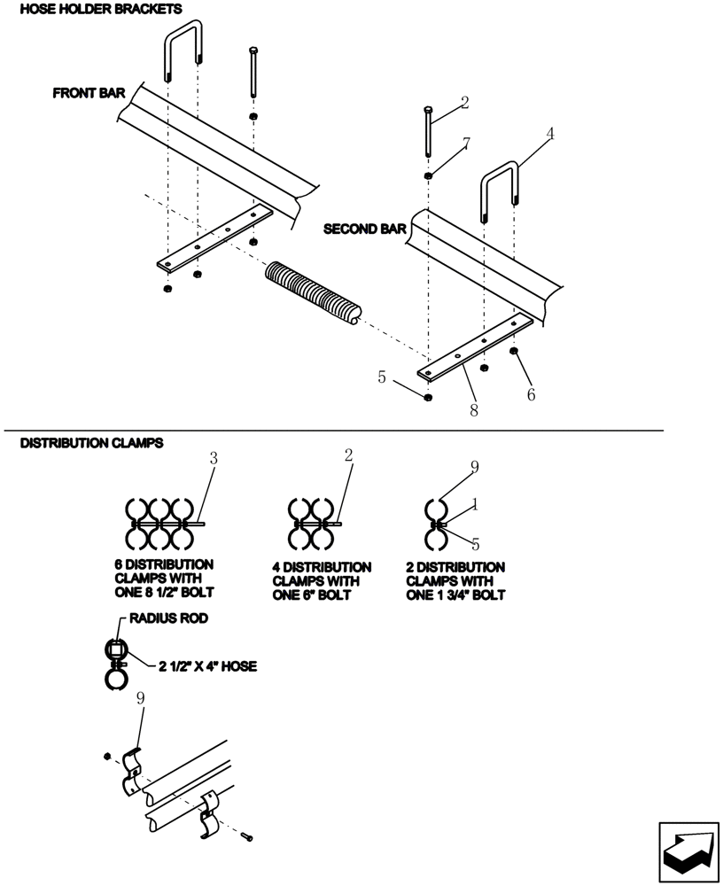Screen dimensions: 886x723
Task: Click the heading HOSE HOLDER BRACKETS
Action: coord(100,10)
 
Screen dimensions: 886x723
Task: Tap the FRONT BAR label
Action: coord(89,92)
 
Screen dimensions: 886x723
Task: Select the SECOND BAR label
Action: coord(364,229)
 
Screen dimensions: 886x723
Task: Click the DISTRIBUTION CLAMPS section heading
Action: coord(91,442)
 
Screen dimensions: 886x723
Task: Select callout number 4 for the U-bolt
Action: coord(550,134)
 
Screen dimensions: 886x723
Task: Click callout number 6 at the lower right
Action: coord(531,394)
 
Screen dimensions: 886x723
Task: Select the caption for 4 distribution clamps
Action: coord(322,581)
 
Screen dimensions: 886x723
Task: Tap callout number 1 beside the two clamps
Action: coord(474,504)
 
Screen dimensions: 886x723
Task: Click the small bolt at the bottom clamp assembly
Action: coord(246,835)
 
